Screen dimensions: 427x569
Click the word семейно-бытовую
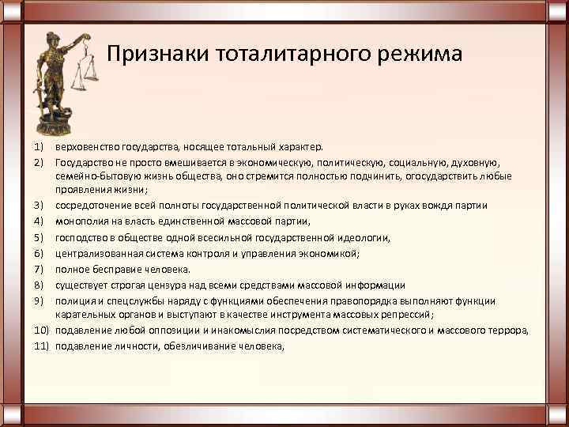[x=89, y=176]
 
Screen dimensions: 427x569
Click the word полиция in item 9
[x=74, y=300]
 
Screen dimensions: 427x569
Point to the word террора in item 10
[x=508, y=330]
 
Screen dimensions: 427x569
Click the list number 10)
[x=42, y=330]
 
